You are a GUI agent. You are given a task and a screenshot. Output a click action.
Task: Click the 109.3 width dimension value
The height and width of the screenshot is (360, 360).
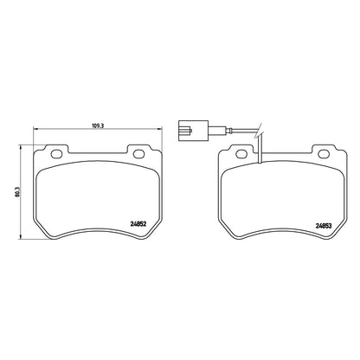[x=98, y=125]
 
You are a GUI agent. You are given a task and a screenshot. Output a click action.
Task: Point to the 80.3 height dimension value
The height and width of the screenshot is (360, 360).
[x=17, y=192]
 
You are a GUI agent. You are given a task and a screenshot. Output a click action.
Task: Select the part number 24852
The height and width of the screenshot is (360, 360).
[x=138, y=223]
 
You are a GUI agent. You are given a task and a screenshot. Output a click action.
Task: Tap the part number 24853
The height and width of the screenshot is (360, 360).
[x=324, y=226]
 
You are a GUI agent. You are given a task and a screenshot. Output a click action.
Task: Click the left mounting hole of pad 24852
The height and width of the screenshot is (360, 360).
[x=56, y=154]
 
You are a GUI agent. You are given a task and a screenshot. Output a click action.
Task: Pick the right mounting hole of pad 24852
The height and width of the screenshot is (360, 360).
[x=138, y=154]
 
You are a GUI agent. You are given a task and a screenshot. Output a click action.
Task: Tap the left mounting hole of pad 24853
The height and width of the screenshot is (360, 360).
[x=241, y=154]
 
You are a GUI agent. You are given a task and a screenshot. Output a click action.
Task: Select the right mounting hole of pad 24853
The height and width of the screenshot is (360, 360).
[x=324, y=154]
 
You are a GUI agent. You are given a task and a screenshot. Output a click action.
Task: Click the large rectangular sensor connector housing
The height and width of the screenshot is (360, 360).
[x=193, y=131]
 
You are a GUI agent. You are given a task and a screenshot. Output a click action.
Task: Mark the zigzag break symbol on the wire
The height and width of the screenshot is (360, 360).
[x=258, y=131]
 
